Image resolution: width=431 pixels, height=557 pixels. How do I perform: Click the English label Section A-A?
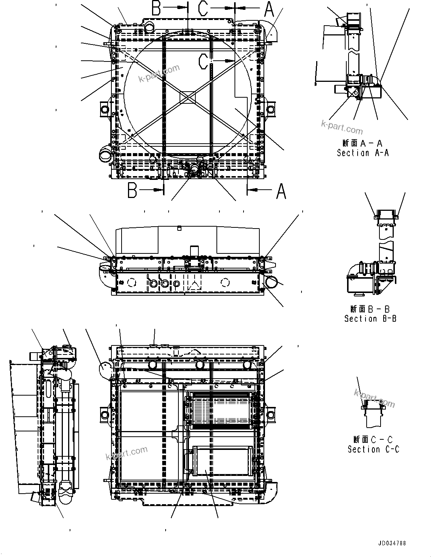(362, 153)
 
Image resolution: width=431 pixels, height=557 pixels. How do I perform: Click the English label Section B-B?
(370, 318)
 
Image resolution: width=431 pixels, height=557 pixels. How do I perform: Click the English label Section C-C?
(373, 449)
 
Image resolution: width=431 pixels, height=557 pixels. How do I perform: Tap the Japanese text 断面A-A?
(362, 143)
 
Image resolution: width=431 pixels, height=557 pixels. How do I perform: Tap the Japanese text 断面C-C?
(373, 439)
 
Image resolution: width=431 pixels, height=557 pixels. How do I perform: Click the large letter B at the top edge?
(157, 8)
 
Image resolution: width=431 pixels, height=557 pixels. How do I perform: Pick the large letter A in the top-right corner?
(269, 9)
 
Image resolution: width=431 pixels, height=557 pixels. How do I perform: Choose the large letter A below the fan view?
(281, 190)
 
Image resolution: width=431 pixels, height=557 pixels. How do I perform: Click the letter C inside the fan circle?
(204, 61)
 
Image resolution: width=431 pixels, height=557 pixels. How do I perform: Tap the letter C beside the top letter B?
(203, 8)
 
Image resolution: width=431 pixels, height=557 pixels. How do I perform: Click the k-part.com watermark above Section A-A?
(342, 127)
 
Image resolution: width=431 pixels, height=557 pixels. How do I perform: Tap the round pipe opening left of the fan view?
(106, 154)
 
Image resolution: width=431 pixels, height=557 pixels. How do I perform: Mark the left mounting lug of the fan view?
(104, 108)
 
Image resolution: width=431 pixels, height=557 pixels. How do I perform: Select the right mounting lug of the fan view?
(270, 109)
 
